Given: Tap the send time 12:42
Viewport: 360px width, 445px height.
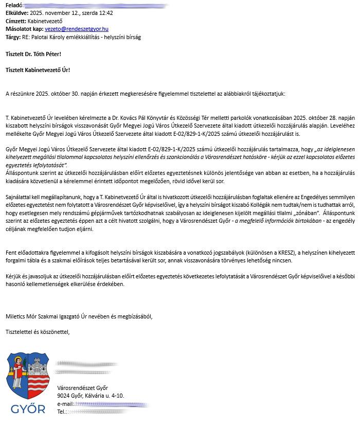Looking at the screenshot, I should point(106,13).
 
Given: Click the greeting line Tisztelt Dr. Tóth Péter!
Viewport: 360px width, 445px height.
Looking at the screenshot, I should point(33,54).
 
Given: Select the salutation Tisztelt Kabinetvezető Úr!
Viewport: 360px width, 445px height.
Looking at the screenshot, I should point(38,70).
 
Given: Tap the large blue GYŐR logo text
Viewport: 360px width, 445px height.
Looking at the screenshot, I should point(28,410).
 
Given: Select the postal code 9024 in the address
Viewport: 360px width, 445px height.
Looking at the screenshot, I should point(64,396).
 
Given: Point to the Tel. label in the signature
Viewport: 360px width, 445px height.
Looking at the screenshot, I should point(62,412).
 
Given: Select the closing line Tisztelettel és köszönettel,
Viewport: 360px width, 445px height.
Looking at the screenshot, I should point(37,332).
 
